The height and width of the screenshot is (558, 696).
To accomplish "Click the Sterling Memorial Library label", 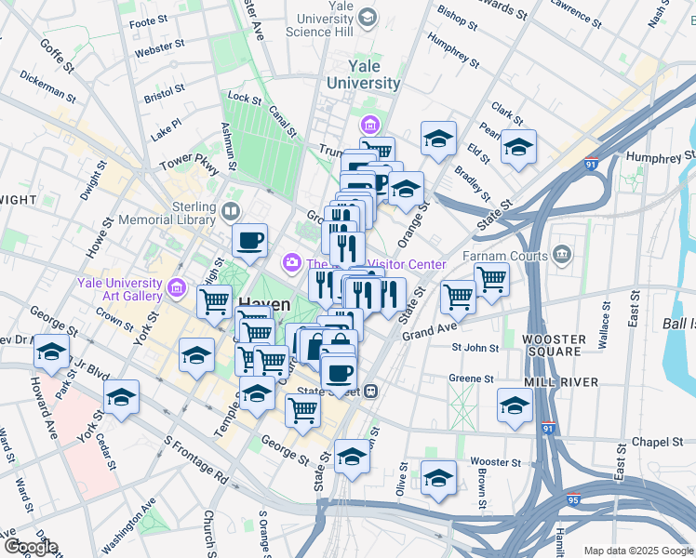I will [181, 213].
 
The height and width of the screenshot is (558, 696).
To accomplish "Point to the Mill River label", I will [553, 381].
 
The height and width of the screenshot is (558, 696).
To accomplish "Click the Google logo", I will [30, 548].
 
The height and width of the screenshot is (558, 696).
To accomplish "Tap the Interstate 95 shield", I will [573, 499].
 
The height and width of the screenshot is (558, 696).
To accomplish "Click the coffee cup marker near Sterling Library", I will [249, 242].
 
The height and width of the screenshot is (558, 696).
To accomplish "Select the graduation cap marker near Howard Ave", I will [51, 352].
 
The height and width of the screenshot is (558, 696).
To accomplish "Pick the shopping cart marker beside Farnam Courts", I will [490, 278].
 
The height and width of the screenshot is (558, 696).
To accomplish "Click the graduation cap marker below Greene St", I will [515, 406].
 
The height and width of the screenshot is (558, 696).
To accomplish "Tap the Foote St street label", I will [148, 21].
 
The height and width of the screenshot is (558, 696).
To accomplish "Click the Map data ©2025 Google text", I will [637, 551].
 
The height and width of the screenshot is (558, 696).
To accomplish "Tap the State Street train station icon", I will [370, 392].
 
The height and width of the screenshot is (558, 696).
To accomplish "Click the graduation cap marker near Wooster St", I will [438, 477].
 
